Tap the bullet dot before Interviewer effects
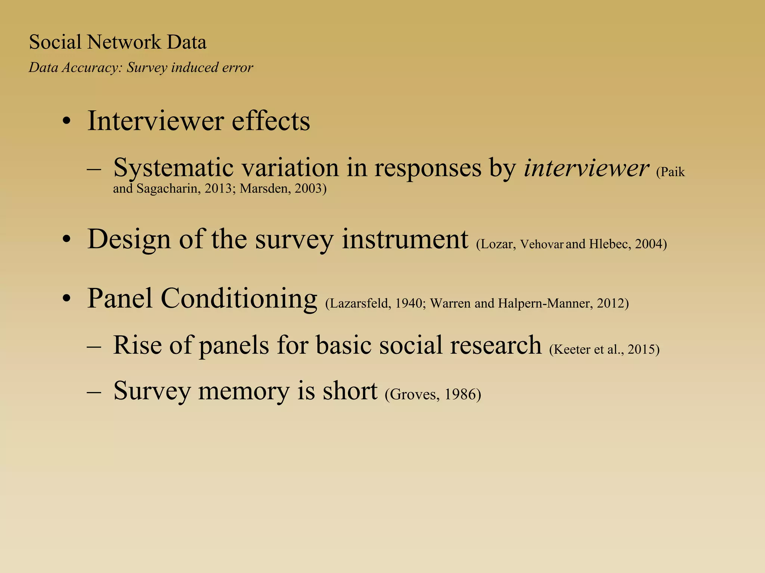66,122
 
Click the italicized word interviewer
586,168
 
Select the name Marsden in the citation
263,188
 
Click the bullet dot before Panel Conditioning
66,299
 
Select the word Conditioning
239,299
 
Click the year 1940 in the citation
409,303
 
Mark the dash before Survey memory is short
94,392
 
